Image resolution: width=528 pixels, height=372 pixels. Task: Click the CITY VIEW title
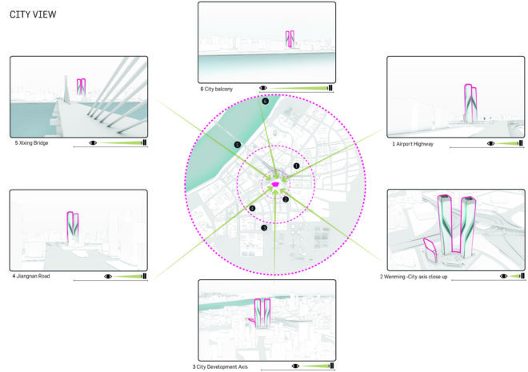33,14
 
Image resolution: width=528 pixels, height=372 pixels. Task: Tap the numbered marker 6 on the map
266,101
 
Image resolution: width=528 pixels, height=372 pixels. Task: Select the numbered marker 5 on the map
238,145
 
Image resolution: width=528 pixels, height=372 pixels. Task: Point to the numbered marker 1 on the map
296,166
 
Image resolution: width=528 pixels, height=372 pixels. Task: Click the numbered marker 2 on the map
286,199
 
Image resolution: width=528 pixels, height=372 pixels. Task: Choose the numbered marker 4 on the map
252,208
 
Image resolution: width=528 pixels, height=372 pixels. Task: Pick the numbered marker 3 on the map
264,228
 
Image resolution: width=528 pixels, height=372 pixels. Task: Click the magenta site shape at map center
275,185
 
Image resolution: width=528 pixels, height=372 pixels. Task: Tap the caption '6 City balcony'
217,90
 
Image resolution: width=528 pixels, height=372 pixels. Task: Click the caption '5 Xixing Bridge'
31,143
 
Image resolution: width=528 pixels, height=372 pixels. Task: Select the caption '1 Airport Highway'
413,144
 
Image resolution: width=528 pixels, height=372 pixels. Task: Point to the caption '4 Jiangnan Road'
31,276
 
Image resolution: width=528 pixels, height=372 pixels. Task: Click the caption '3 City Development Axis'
220,367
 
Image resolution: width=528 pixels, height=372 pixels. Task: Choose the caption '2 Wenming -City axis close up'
414,277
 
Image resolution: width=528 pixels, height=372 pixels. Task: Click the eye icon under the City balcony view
263,88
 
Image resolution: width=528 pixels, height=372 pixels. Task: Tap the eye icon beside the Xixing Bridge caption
93,142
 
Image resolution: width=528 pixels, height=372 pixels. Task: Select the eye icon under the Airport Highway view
490,143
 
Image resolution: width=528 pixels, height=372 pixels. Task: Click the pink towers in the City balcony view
290,39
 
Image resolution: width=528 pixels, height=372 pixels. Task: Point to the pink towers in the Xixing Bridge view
81,87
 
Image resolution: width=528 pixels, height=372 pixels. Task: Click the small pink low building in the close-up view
430,250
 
